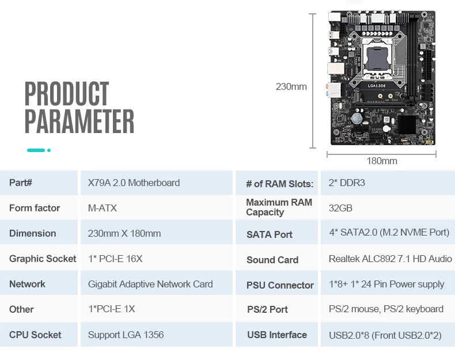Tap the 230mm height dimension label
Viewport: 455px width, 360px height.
coord(291,87)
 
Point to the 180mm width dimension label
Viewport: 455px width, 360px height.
coord(382,161)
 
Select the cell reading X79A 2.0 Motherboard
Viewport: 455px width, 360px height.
coord(134,183)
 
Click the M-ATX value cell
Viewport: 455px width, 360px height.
coord(103,208)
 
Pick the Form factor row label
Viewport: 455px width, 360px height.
coord(35,208)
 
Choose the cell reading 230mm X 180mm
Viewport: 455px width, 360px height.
coord(124,233)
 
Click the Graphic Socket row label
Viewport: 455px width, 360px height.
coord(43,259)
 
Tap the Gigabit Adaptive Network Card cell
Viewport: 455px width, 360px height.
coord(150,284)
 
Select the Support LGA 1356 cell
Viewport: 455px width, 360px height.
coord(126,335)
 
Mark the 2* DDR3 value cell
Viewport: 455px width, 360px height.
coord(347,183)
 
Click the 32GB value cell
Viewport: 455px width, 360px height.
coord(340,208)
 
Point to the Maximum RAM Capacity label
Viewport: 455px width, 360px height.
coord(279,207)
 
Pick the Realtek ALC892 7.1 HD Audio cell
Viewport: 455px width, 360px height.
coord(390,259)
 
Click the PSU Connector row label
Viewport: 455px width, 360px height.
coord(280,285)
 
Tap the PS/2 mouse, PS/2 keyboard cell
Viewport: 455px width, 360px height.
coord(386,309)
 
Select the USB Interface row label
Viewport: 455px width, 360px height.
coord(277,335)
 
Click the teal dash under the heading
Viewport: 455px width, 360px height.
coord(36,150)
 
